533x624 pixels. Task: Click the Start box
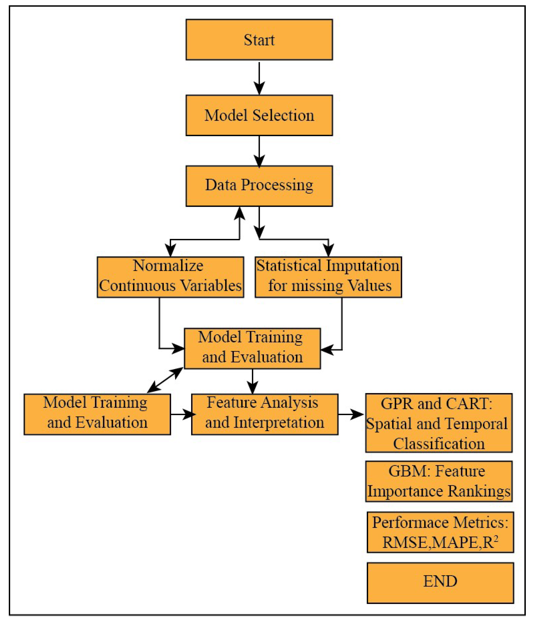(x=259, y=40)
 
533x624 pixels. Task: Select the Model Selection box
(x=259, y=115)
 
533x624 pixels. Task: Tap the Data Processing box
(x=259, y=186)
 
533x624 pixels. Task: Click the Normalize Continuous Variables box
(x=170, y=277)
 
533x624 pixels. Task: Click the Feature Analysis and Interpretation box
(x=265, y=414)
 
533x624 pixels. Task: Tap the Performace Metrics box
(x=440, y=532)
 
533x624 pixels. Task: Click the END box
(x=440, y=583)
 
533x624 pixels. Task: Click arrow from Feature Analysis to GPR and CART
(x=351, y=414)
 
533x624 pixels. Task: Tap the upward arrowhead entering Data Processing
(x=239, y=214)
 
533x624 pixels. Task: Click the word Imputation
(x=363, y=266)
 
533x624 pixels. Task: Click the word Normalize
(x=168, y=266)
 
